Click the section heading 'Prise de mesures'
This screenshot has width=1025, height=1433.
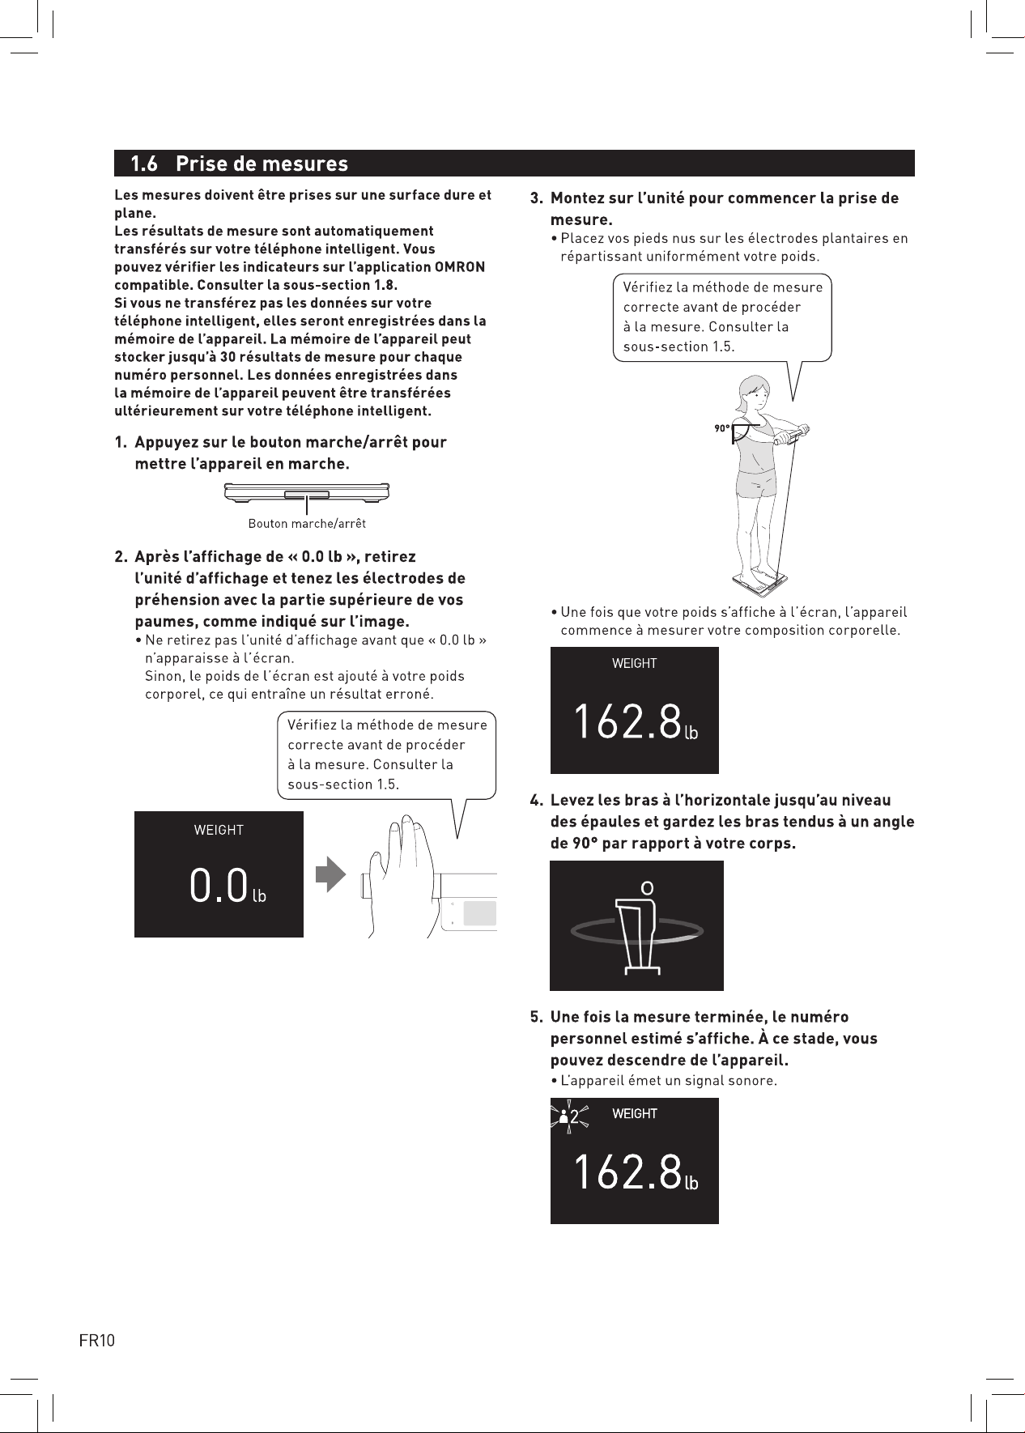click(x=262, y=164)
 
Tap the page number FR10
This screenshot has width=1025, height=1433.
click(x=97, y=1341)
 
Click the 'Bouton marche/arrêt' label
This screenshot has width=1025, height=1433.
click(x=307, y=524)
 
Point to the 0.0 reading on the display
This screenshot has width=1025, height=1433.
click(x=218, y=885)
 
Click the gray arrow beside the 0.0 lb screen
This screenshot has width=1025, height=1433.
click(x=330, y=876)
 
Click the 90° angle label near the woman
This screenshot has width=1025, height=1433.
click(x=721, y=428)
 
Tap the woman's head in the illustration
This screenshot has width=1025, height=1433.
click(x=752, y=392)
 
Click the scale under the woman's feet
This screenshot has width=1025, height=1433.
click(x=760, y=580)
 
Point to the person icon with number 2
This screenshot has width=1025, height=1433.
click(x=569, y=1117)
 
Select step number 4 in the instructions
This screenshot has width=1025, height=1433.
click(x=535, y=801)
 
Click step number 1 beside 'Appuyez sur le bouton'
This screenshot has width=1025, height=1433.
click(x=120, y=443)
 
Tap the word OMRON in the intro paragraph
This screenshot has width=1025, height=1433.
click(x=460, y=267)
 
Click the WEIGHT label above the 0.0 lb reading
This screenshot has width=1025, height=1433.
click(x=219, y=830)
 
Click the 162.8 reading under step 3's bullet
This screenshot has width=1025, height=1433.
click(x=627, y=721)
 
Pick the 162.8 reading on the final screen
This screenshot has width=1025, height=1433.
click(x=627, y=1171)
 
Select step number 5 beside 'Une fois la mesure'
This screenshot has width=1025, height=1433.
click(x=535, y=1017)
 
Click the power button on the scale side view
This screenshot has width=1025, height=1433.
click(x=307, y=494)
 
